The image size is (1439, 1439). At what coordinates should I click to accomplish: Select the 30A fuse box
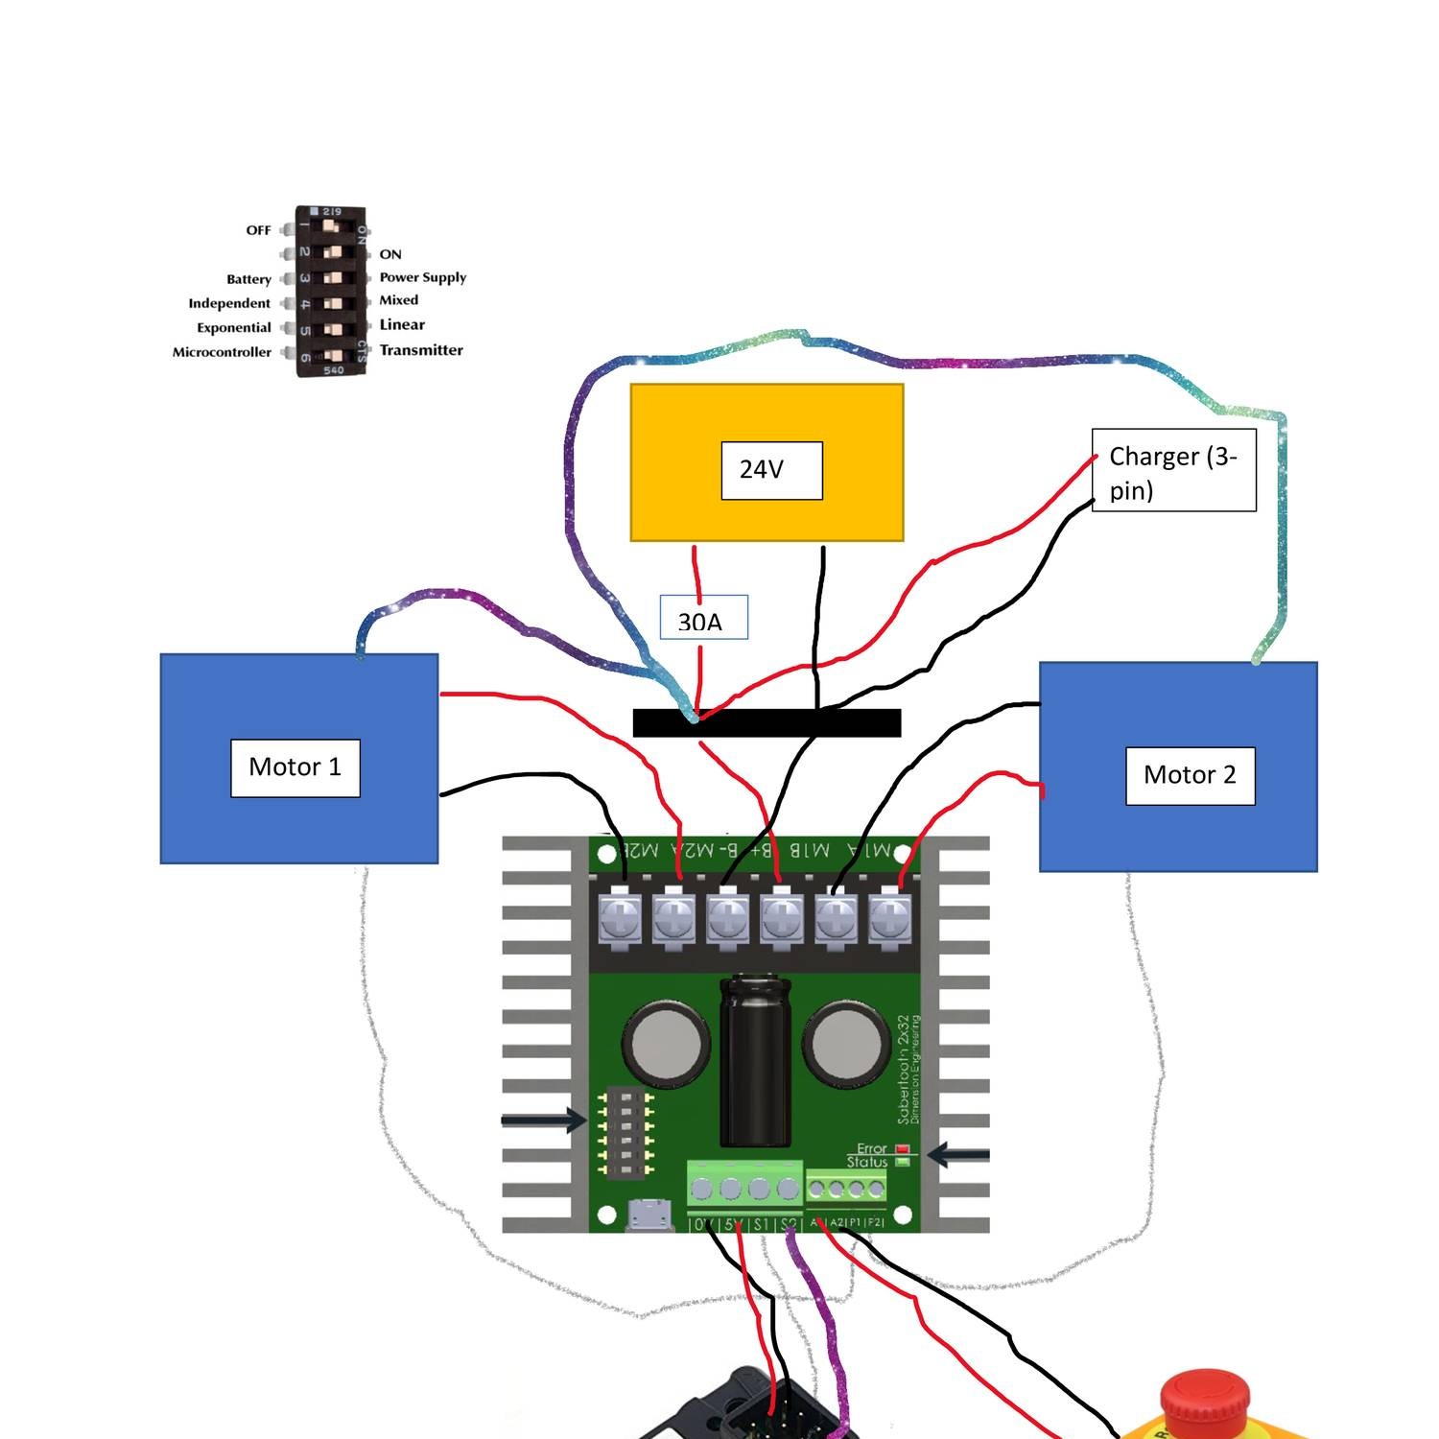coord(703,619)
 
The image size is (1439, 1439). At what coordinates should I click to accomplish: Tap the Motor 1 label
coord(295,767)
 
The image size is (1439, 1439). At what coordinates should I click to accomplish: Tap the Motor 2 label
coord(1190,775)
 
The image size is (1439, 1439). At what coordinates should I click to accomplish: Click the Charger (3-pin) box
coord(1173,471)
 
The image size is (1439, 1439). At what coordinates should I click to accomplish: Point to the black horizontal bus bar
coord(767,723)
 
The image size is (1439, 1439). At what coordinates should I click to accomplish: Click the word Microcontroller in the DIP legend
coord(222,352)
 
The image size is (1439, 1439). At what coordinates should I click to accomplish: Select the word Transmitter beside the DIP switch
coord(421,350)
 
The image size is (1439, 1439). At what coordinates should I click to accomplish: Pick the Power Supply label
coord(422,277)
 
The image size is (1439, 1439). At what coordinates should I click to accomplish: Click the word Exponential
coord(234,328)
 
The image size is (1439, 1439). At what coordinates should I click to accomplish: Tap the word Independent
coord(229,303)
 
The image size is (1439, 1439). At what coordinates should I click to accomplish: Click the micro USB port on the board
coord(649,1215)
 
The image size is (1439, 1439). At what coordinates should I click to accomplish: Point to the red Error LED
coord(902,1148)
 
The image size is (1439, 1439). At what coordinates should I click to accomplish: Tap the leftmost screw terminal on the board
coord(619,918)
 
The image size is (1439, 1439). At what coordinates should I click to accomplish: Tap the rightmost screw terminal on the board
coord(889,918)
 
